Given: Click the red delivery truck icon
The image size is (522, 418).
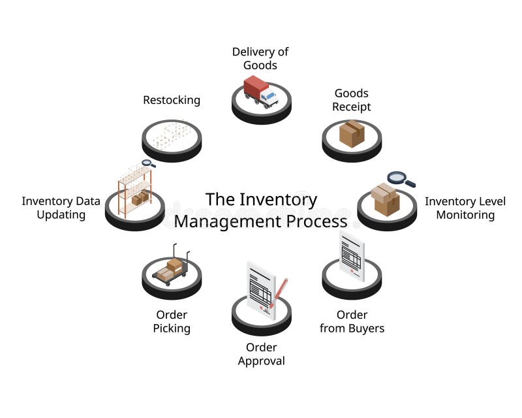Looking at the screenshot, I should (260, 91).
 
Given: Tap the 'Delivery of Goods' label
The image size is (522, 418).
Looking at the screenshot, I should (260, 58).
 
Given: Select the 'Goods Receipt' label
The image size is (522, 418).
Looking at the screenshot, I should (351, 100).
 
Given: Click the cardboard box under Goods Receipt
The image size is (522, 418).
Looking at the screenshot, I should (352, 133).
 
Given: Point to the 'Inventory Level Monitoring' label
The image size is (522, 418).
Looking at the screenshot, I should (465, 208).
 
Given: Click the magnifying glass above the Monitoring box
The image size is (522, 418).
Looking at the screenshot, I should (398, 178).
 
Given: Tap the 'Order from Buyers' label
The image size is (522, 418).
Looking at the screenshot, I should (352, 321).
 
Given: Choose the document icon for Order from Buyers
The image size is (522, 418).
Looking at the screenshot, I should (352, 255).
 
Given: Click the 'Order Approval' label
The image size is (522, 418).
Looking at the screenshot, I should (261, 353).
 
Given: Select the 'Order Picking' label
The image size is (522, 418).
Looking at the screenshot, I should (172, 321).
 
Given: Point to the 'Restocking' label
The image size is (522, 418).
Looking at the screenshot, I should (172, 100).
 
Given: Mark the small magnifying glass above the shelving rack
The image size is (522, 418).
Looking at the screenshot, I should (148, 163).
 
